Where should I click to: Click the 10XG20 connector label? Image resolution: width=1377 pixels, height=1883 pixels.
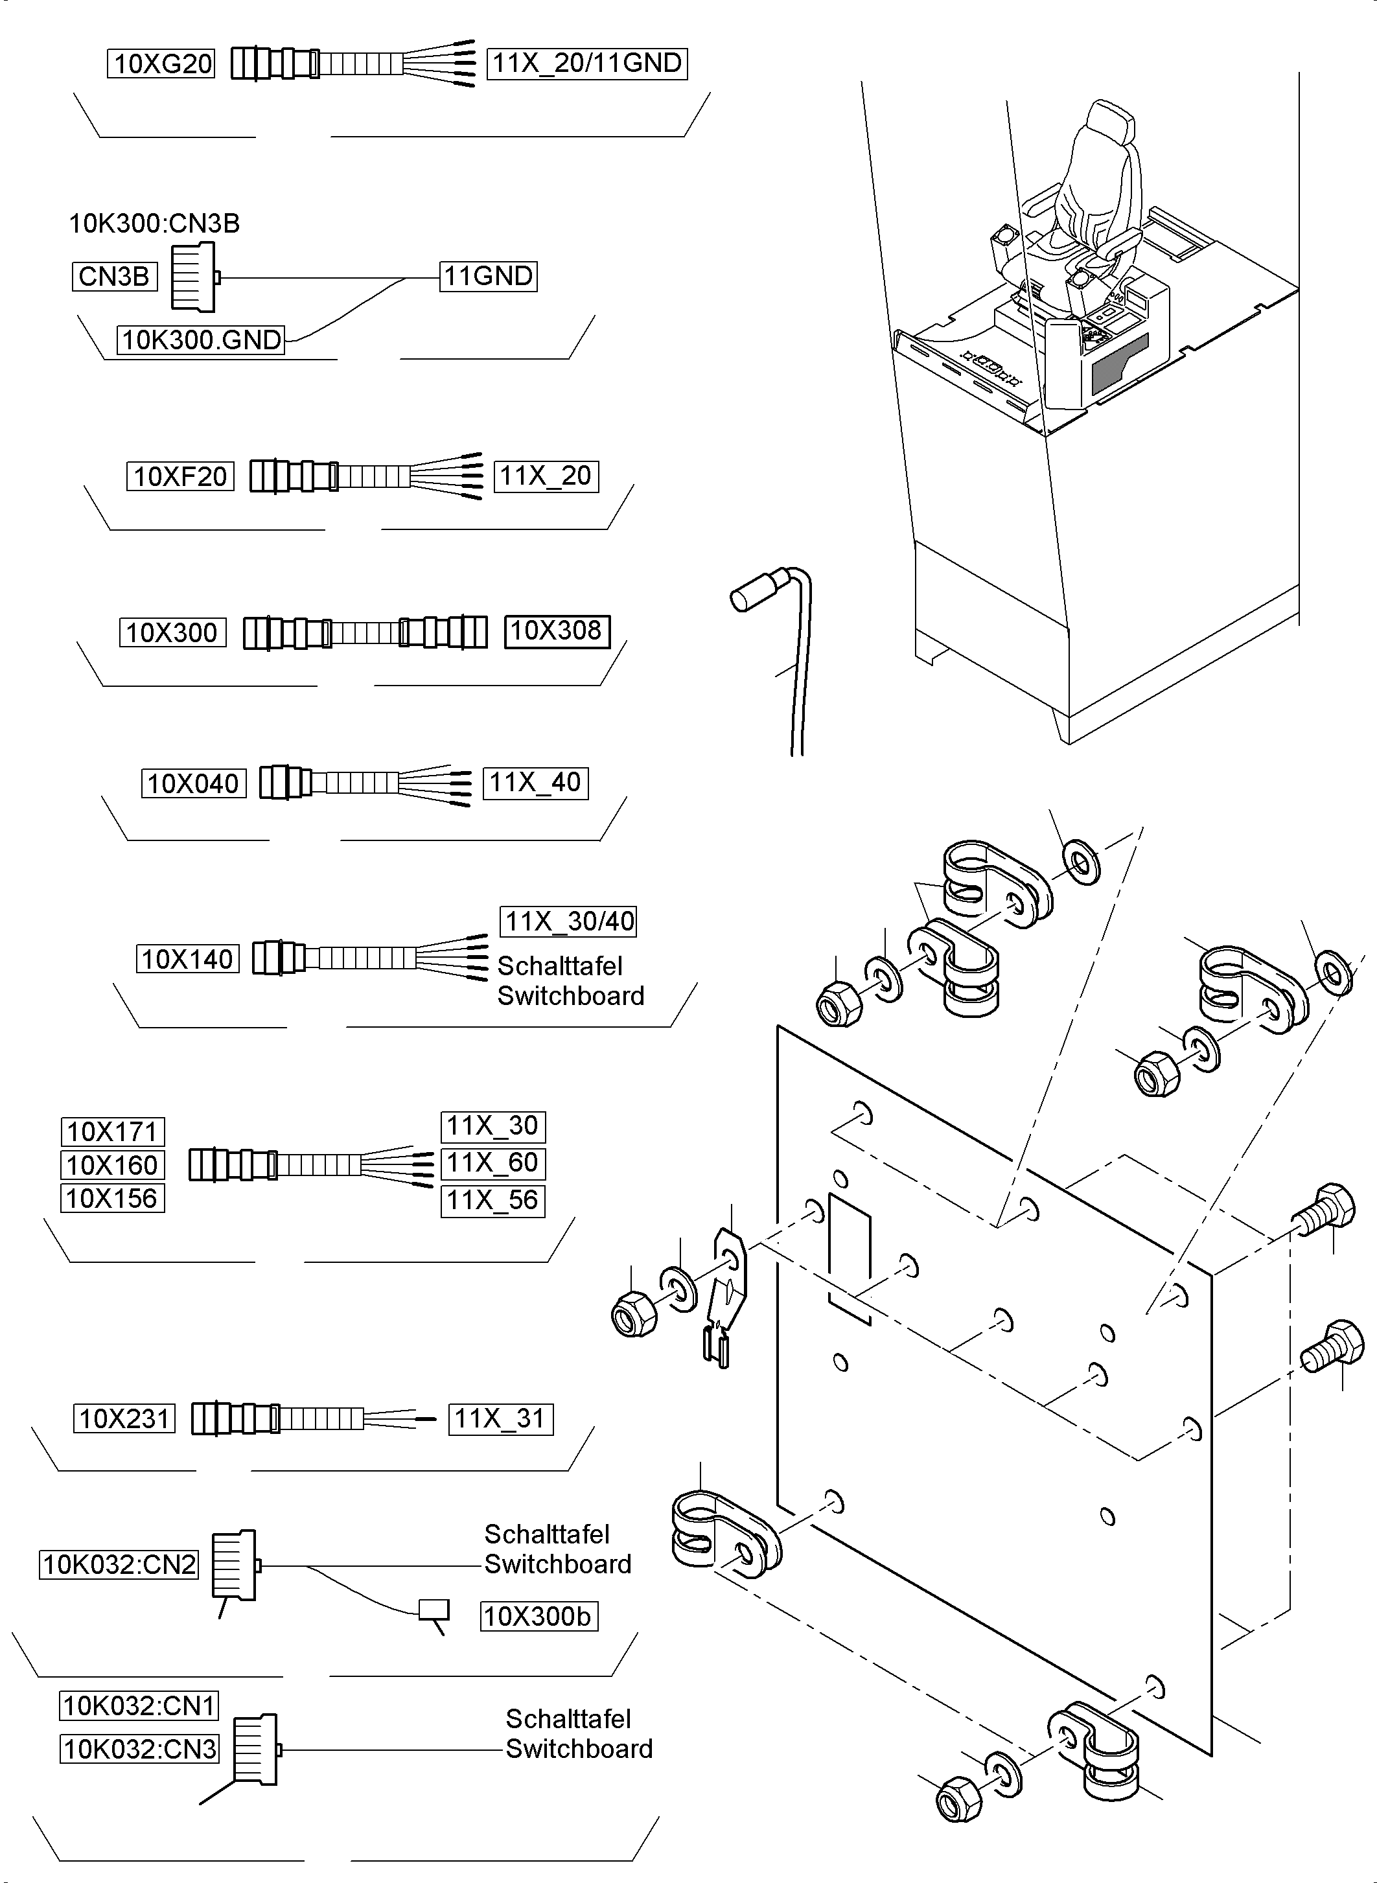pos(161,64)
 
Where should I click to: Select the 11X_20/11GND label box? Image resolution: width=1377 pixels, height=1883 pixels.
pos(587,64)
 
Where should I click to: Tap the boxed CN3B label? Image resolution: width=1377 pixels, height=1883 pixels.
pos(114,277)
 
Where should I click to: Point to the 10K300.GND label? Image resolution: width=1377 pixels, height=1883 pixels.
pos(201,340)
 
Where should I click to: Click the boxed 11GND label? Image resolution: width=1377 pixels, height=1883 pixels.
pos(489,276)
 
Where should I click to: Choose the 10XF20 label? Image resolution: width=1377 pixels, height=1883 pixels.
pos(180,477)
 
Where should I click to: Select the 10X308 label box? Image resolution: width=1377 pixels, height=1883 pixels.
pos(557,631)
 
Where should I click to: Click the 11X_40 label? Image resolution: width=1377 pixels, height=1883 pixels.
pos(535,783)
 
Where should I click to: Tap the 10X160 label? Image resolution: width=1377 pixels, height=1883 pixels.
pos(113,1165)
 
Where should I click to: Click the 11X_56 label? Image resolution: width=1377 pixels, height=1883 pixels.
pos(492,1201)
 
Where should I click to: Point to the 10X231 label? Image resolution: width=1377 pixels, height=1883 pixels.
pos(124,1418)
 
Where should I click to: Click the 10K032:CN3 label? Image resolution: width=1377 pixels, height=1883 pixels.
pos(139,1749)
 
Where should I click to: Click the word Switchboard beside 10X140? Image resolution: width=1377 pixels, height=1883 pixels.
pos(570,996)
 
